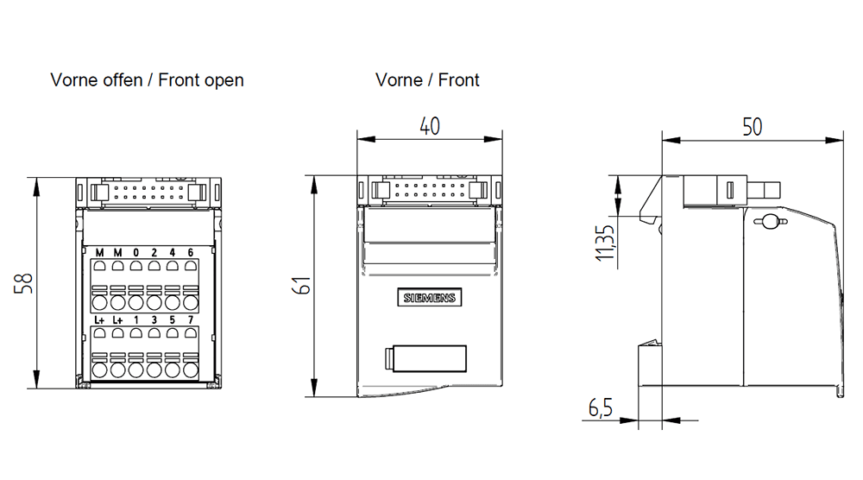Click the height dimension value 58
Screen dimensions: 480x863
24,283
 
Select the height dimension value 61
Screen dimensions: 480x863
300,286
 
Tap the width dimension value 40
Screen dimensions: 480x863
429,126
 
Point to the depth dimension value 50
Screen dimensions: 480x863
752,127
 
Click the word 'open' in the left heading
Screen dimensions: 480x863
223,80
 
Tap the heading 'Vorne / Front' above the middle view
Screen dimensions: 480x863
427,80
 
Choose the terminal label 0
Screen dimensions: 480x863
136,252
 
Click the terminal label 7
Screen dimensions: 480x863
190,320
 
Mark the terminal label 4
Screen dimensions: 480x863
172,252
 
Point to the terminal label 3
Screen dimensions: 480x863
154,320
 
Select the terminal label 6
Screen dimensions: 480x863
190,252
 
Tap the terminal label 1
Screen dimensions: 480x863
136,320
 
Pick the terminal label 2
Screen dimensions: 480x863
154,252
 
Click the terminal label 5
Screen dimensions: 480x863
172,320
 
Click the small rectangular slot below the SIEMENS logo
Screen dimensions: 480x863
425,357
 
